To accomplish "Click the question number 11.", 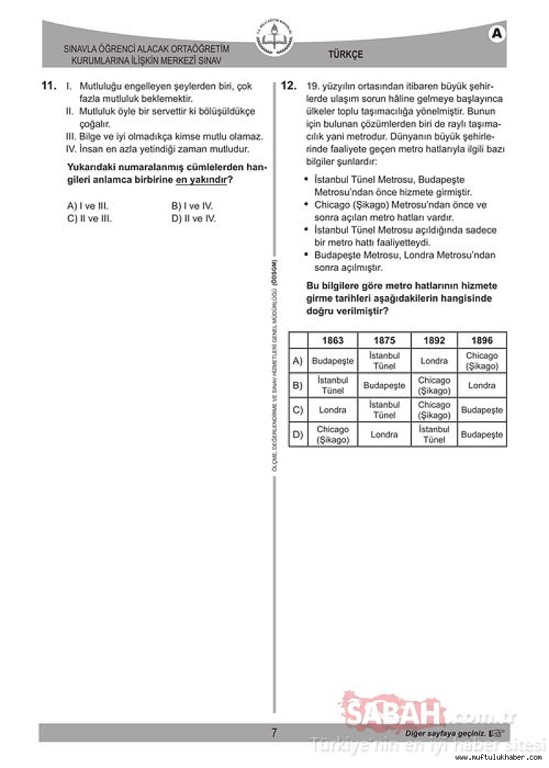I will pos(48,86).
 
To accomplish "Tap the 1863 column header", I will pos(333,340).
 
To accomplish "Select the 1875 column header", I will pos(384,340).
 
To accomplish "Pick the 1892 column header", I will pos(434,340).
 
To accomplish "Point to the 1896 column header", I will pos(482,340).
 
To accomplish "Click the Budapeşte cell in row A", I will pos(333,361).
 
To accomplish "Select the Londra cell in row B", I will pos(482,385).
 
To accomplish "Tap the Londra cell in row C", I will pos(333,410).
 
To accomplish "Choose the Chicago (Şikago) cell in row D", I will pos(333,435).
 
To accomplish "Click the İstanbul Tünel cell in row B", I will pos(333,385).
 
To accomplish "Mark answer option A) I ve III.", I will pos(88,206).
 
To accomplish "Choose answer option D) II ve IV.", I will pos(194,219).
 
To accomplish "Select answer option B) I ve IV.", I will pos(192,206).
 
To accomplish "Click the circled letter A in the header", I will pos(498,34).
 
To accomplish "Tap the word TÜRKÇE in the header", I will pos(346,55).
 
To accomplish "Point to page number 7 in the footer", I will pos(274,733).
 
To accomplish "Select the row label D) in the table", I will pos(298,435).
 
